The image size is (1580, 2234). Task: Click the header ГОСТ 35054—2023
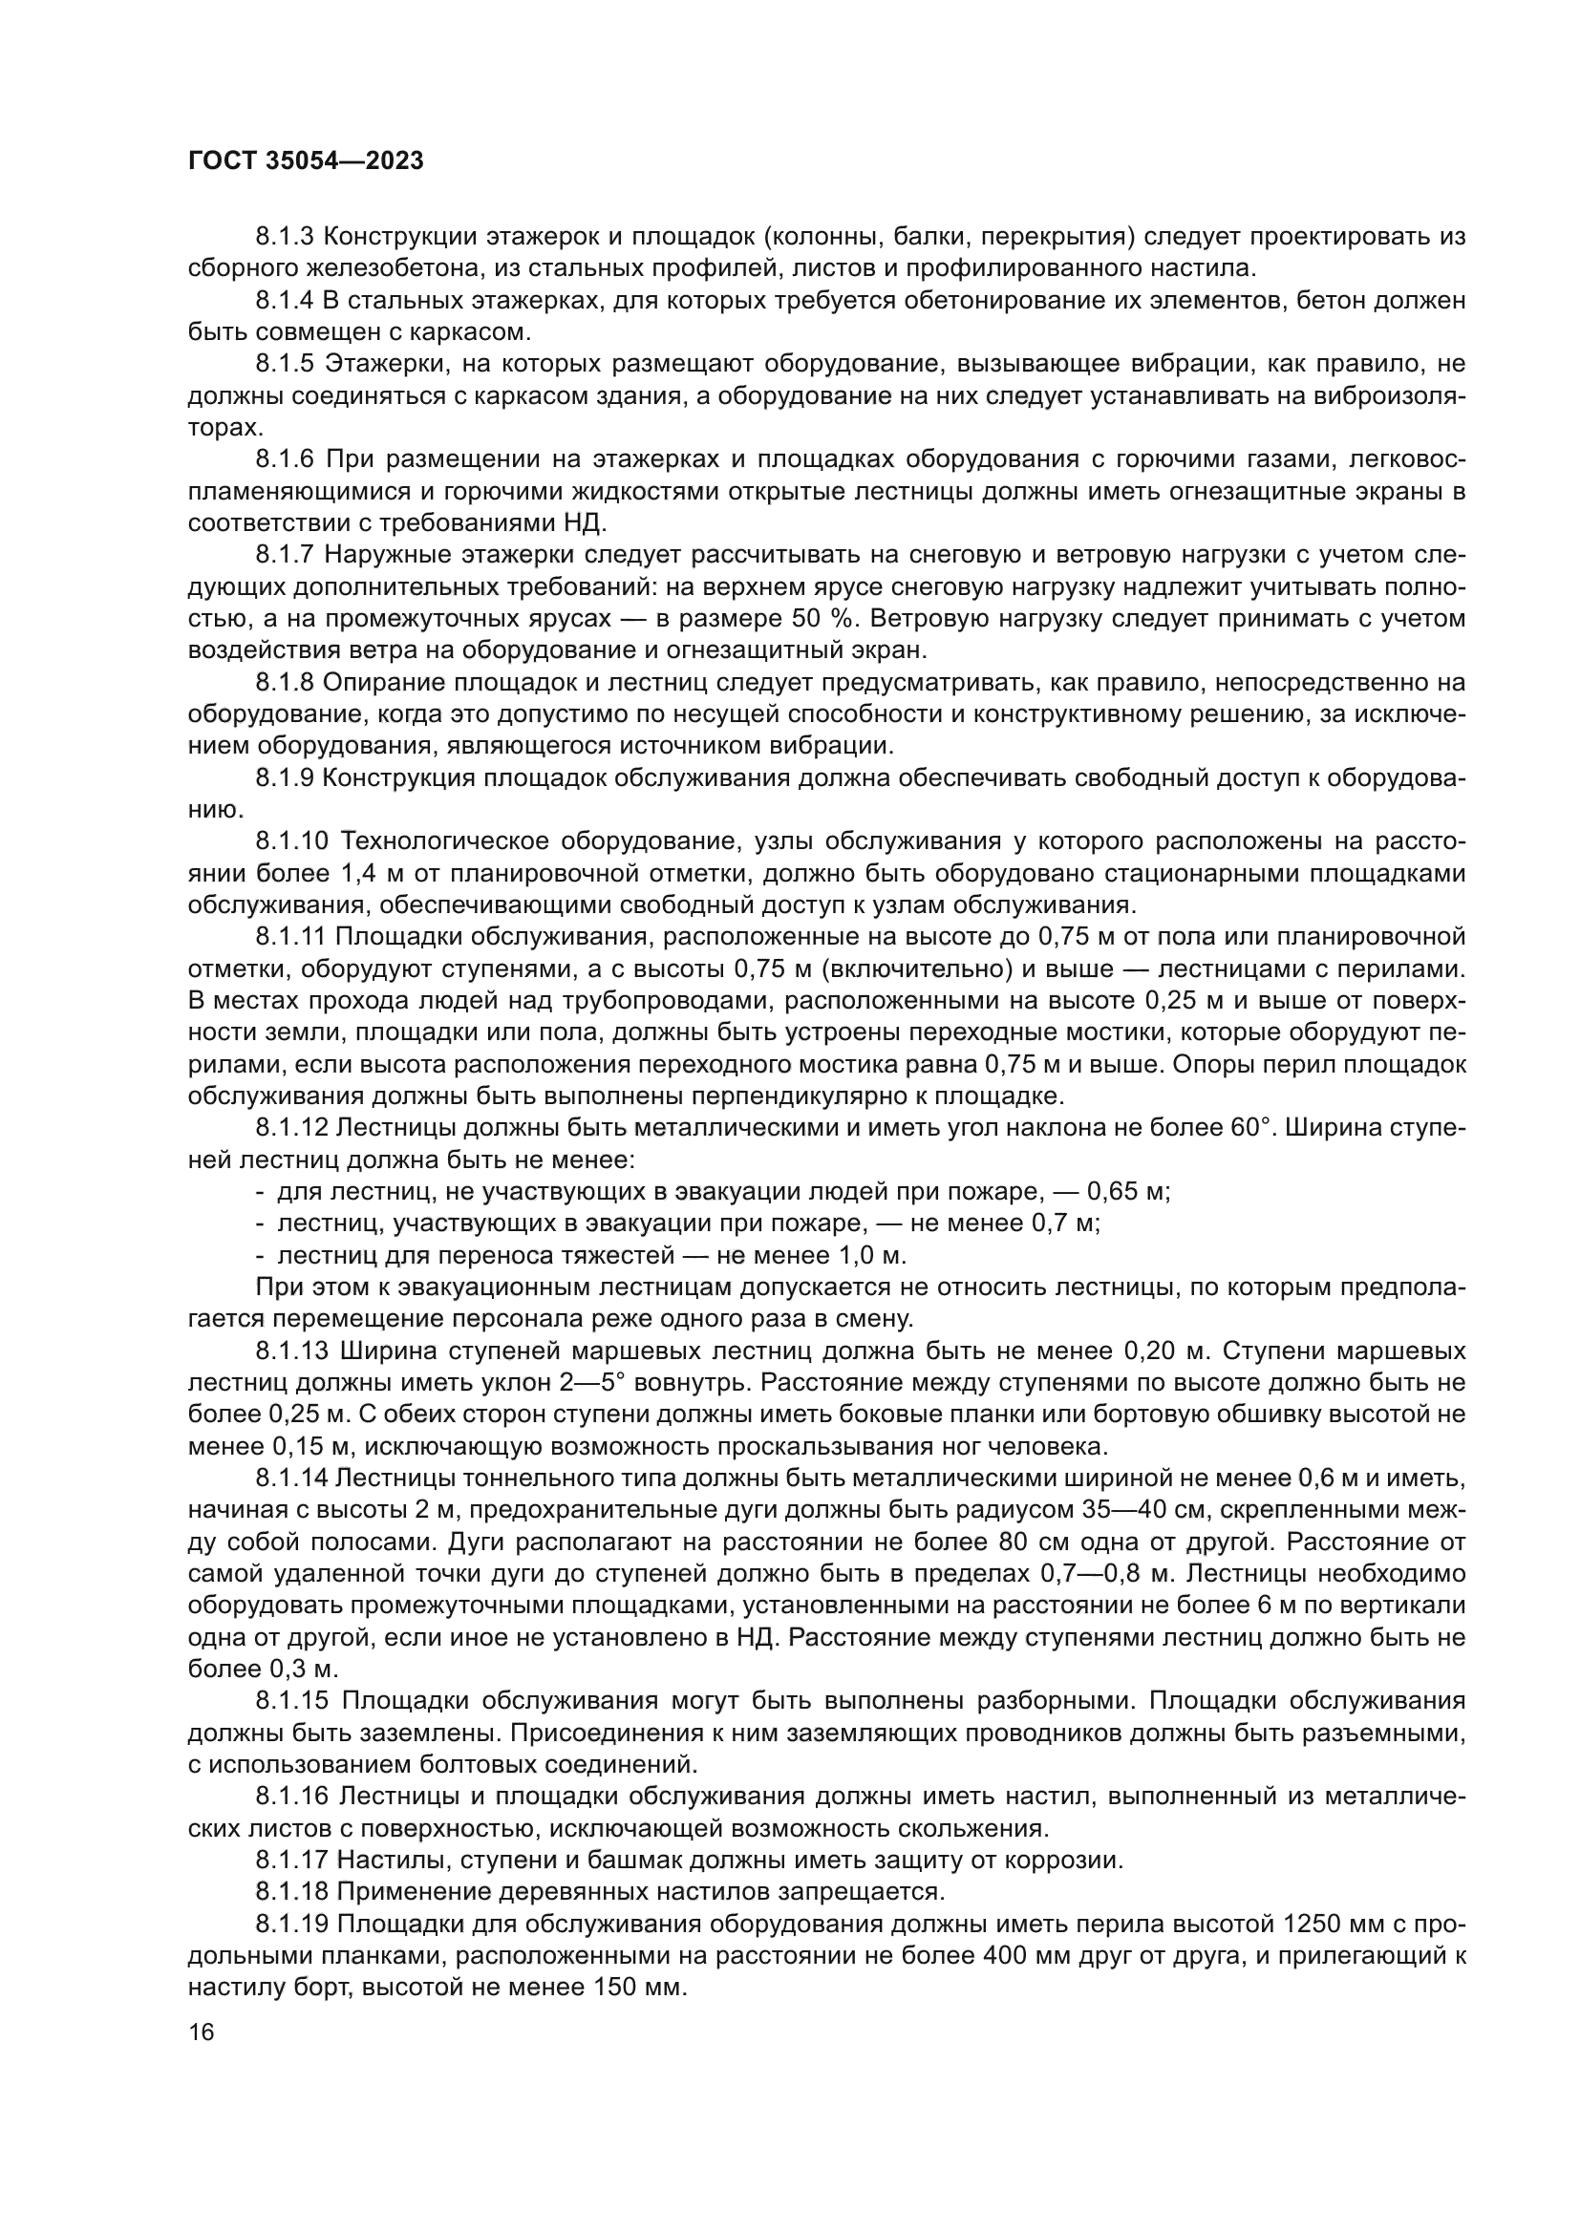click(306, 161)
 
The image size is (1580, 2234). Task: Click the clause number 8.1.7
click(286, 555)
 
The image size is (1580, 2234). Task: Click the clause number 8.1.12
click(293, 1129)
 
